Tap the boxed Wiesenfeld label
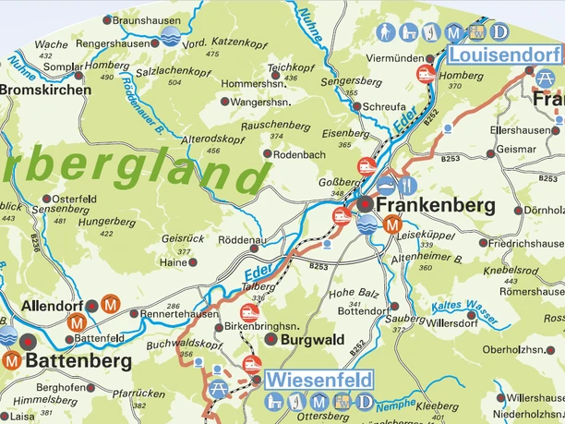pyautogui.click(x=319, y=380)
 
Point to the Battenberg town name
pyautogui.click(x=78, y=359)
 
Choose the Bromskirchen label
pyautogui.click(x=46, y=90)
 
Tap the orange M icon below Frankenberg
pyautogui.click(x=392, y=223)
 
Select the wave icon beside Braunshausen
pyautogui.click(x=169, y=35)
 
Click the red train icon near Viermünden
pyautogui.click(x=426, y=73)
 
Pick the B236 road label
pyautogui.click(x=36, y=242)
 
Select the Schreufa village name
pyautogui.click(x=385, y=107)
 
